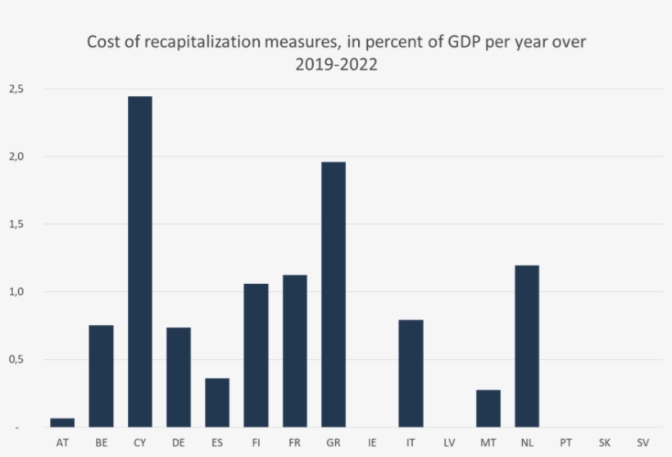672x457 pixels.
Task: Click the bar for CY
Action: coord(139,262)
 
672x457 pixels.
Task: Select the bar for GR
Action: coord(334,295)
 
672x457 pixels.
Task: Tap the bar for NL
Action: coord(527,346)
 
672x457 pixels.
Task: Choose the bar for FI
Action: coord(256,355)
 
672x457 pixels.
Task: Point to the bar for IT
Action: coord(411,373)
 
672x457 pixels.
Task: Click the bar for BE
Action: coord(101,376)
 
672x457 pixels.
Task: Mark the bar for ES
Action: coord(217,403)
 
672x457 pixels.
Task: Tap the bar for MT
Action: coord(488,409)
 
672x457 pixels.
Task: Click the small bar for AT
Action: coord(62,423)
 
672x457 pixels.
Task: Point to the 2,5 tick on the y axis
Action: coord(16,89)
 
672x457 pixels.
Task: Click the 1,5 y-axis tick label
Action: coord(16,224)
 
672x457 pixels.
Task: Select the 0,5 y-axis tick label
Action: coord(16,359)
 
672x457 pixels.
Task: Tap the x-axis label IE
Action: coord(372,442)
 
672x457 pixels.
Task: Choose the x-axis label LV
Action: coord(449,442)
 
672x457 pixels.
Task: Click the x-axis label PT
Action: coord(565,442)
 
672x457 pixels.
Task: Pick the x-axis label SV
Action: coord(643,442)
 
